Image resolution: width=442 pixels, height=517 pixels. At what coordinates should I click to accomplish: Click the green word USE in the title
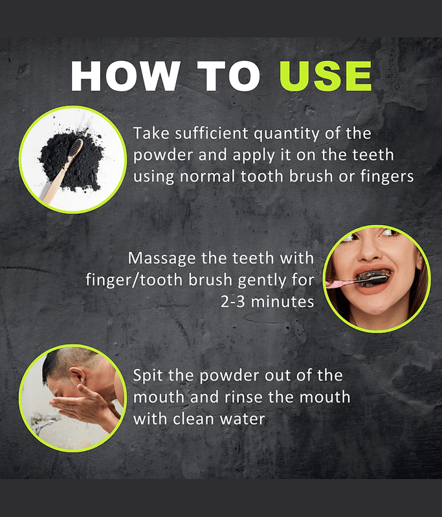(x=326, y=76)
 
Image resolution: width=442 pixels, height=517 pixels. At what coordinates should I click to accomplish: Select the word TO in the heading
(x=228, y=76)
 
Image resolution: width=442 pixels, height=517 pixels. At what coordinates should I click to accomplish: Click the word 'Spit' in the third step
(x=148, y=376)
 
